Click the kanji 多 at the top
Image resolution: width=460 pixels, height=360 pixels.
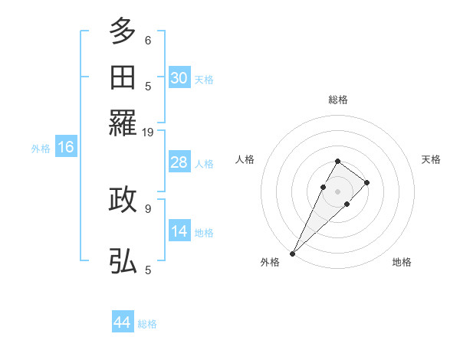(123, 32)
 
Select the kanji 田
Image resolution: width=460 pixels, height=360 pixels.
(123, 77)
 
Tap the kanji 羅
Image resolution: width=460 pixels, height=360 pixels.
(123, 123)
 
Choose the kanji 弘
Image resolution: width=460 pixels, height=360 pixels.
(123, 261)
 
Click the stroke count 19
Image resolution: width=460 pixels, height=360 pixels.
(148, 132)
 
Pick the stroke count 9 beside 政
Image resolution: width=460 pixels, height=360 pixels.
(148, 207)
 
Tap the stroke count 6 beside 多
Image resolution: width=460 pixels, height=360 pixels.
(148, 40)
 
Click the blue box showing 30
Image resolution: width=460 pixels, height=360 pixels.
(179, 78)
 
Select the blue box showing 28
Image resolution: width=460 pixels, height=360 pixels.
(179, 162)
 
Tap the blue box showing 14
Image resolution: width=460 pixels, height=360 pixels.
(179, 231)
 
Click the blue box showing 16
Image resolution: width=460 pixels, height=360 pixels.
(65, 148)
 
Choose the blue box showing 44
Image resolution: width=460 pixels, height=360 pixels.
(123, 322)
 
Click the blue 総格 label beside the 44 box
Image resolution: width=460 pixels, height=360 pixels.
(147, 324)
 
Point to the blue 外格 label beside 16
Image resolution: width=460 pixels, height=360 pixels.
(40, 149)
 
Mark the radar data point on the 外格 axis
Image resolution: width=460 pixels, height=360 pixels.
(292, 253)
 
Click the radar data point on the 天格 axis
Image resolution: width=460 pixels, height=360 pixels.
(367, 182)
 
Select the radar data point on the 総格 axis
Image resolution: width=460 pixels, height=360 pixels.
(337, 161)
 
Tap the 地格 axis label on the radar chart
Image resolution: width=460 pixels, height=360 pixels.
(402, 263)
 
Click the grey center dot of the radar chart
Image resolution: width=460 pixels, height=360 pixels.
(337, 190)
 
